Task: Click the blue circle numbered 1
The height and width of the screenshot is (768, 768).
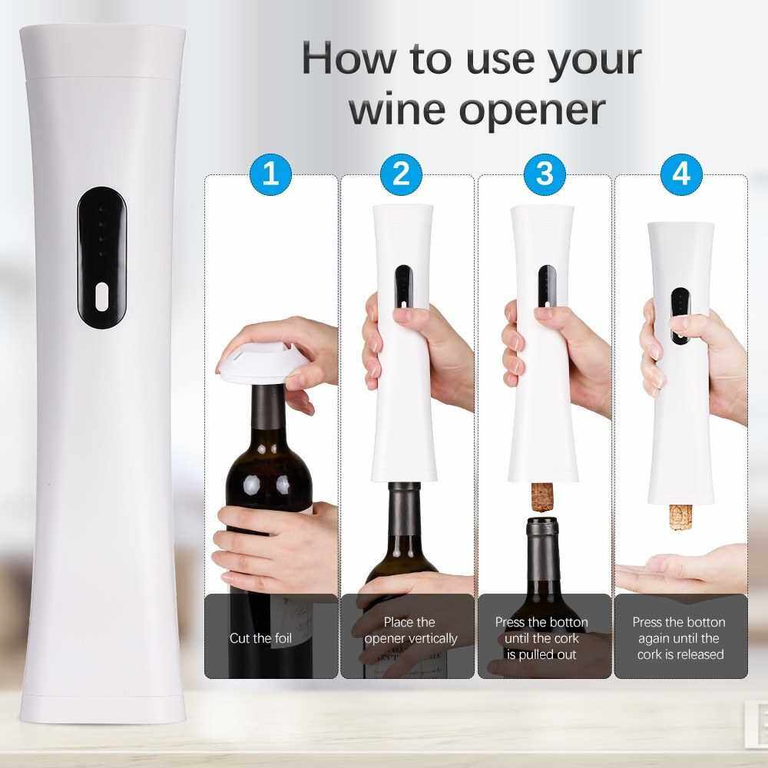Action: pos(271,174)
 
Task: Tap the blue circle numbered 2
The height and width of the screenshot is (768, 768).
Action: pos(402,174)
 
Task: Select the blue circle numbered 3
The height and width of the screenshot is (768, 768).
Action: pos(545,174)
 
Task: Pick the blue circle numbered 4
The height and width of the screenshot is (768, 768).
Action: pos(681,174)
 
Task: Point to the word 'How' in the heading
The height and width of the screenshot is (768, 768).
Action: pos(349,59)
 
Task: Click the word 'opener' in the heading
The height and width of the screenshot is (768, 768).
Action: pos(532,111)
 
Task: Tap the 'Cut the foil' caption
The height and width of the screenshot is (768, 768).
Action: pos(260,638)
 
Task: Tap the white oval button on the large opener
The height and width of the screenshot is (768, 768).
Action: pos(101,296)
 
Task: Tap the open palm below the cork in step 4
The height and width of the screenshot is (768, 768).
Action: pos(680,574)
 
